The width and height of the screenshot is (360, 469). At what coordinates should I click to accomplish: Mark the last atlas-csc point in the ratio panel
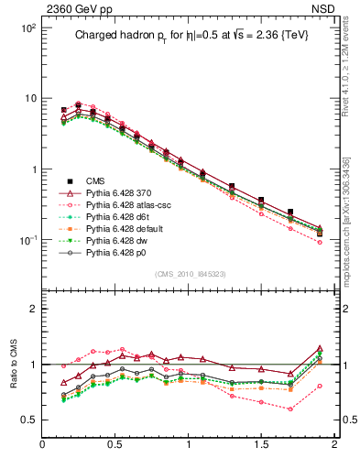pos(319,386)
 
